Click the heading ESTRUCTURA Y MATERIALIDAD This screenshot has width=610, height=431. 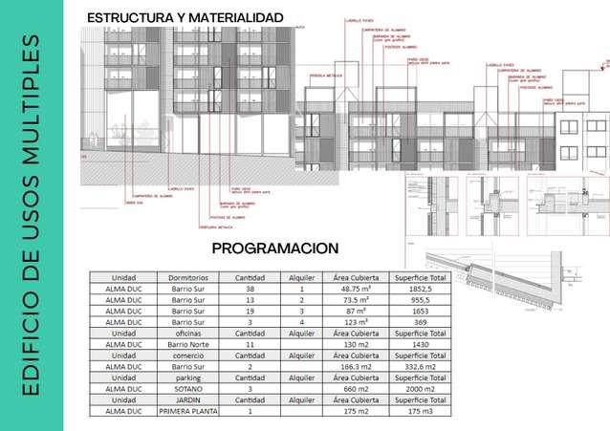[x=185, y=18]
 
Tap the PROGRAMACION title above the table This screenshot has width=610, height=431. [x=274, y=248]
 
